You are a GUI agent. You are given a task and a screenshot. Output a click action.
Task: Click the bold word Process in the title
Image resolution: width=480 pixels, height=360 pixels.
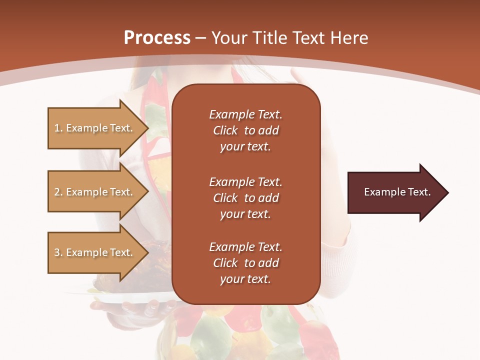[x=157, y=38]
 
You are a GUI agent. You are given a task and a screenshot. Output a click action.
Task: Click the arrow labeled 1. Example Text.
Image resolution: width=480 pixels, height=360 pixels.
[x=95, y=128]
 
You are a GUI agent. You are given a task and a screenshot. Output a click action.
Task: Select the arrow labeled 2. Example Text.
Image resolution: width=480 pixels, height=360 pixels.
[x=95, y=192]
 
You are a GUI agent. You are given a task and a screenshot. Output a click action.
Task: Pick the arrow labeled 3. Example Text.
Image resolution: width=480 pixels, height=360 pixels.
[x=95, y=252]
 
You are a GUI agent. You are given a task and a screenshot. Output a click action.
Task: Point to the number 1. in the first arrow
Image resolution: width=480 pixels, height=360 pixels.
[x=58, y=128]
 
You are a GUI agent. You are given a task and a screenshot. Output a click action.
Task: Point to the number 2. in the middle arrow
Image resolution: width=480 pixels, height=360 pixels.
[x=58, y=192]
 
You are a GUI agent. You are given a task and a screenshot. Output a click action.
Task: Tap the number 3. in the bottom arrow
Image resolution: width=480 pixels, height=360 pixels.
[x=58, y=252]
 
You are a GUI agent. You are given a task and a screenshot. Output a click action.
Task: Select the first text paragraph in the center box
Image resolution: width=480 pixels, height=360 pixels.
[x=245, y=130]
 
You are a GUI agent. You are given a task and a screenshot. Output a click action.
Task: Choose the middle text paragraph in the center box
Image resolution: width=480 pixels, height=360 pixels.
[x=245, y=198]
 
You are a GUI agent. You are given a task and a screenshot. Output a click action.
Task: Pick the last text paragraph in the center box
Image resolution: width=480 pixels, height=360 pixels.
[x=245, y=263]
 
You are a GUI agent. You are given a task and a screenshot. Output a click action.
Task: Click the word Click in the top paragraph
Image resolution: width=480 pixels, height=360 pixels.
[x=225, y=130]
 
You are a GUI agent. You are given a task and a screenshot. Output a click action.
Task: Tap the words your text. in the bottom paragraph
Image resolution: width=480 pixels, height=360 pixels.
[x=245, y=279]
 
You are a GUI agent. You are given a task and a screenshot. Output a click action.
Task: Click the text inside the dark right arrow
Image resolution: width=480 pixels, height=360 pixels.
[x=397, y=192]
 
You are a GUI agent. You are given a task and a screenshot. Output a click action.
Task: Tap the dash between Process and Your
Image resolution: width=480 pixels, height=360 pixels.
[x=200, y=38]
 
